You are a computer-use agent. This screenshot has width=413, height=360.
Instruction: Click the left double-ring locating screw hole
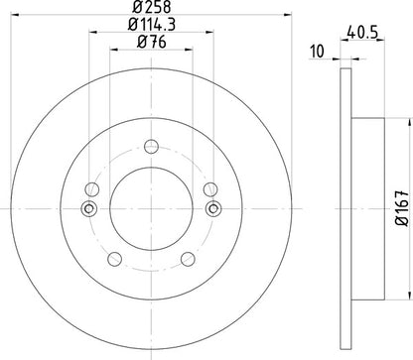(x=89, y=208)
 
